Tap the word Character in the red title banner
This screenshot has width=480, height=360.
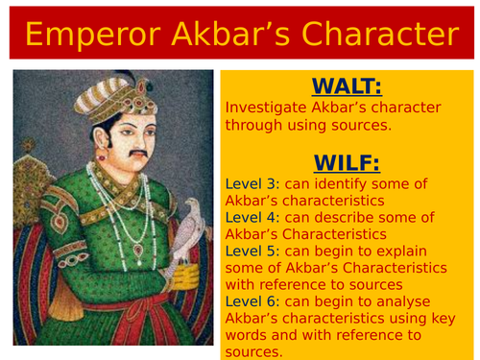tap(372, 35)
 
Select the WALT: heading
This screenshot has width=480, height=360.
tap(347, 87)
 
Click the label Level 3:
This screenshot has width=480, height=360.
tap(252, 183)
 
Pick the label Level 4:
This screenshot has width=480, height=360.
tap(252, 218)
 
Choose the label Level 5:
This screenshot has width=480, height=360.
tap(252, 251)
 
